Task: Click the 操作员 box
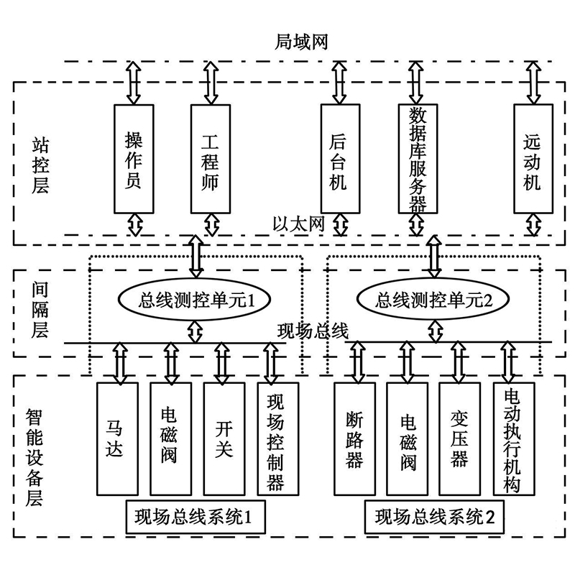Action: click(134, 159)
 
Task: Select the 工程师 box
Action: click(211, 159)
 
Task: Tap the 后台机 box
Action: click(340, 158)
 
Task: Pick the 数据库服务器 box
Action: click(418, 158)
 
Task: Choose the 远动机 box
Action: click(533, 158)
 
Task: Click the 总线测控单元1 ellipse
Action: click(194, 300)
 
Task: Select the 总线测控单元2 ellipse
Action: click(433, 300)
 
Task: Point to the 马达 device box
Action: click(117, 439)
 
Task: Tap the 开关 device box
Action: click(224, 439)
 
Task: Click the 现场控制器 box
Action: click(278, 439)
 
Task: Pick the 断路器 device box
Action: click(354, 439)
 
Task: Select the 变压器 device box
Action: click(460, 439)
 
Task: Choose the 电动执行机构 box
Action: click(514, 439)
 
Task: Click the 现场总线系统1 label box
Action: click(195, 517)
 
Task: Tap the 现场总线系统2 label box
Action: click(434, 517)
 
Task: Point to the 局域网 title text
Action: click(301, 42)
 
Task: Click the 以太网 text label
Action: click(298, 224)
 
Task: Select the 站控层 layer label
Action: click(40, 166)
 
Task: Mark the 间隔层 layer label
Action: click(40, 310)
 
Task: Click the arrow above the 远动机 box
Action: click(533, 83)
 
